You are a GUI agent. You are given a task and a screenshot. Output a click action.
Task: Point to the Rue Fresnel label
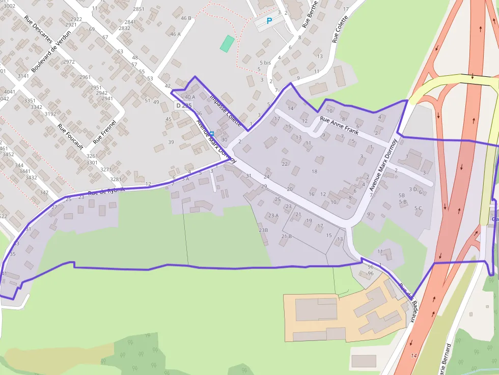(x=105, y=131)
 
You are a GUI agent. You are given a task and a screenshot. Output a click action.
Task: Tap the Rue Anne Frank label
(x=339, y=125)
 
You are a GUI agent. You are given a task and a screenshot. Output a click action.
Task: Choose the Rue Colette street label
(x=340, y=29)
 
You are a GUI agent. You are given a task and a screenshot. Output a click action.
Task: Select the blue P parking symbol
(x=269, y=21)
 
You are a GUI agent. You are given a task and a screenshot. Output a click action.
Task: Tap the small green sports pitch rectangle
(x=227, y=44)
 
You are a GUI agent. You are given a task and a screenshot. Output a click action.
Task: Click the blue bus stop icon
(x=212, y=133)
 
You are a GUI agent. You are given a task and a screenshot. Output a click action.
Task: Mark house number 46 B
(x=186, y=18)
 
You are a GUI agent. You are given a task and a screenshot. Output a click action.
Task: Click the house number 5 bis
(x=265, y=63)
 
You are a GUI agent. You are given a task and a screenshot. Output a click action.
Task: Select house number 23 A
(x=273, y=216)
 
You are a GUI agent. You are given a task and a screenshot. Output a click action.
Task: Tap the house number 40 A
(x=190, y=97)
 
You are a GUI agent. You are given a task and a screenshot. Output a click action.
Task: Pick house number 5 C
(x=418, y=208)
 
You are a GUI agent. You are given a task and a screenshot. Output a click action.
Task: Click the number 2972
(x=69, y=62)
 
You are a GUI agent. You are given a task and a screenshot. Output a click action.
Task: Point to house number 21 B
(x=286, y=237)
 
